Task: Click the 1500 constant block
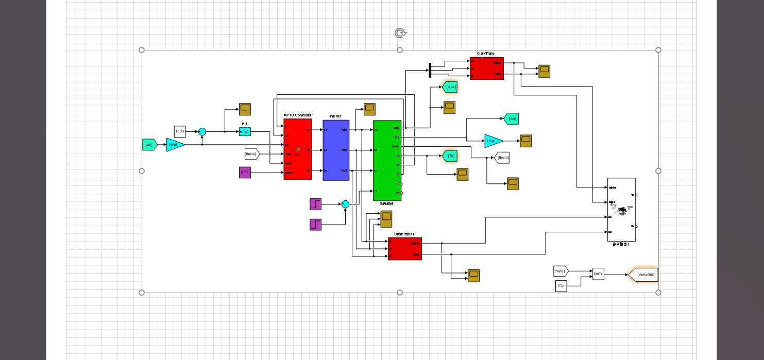point(180,131)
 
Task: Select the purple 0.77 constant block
point(245,173)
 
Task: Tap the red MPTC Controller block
point(298,149)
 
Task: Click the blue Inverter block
point(336,150)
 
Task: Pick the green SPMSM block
point(387,160)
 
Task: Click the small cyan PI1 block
point(245,132)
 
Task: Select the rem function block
point(598,274)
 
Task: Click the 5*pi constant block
point(562,286)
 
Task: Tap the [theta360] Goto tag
point(644,275)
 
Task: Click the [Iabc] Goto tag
point(450,87)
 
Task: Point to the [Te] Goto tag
point(450,156)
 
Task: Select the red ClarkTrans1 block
point(404,249)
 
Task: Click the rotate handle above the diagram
point(400,33)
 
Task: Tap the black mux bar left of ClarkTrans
point(430,71)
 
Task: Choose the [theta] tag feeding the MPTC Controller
point(251,153)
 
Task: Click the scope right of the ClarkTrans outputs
point(544,71)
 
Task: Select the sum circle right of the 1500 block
point(202,132)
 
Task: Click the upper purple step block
point(315,204)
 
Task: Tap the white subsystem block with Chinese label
point(621,210)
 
